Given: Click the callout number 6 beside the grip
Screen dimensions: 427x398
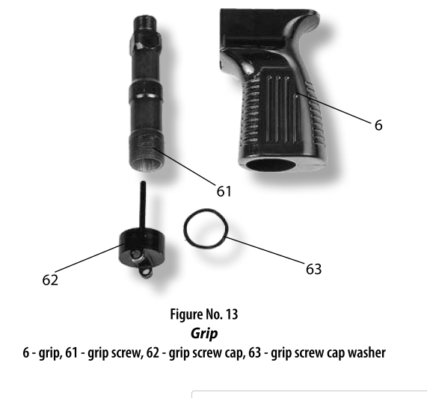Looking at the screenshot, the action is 378,125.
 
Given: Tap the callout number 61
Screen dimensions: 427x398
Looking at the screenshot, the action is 224,191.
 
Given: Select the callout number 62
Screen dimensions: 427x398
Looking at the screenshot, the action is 50,280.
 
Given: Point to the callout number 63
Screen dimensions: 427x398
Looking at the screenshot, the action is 314,269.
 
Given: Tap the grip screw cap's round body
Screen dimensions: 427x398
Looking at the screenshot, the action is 141,246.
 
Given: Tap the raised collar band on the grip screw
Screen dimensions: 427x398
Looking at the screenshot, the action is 147,92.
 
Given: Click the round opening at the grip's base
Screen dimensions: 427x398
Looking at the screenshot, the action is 271,165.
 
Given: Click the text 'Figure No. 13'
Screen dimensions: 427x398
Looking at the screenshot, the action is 204,314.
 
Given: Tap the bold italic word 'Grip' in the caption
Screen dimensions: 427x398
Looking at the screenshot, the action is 204,333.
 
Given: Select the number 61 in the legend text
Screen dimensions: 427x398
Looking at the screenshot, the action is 71,352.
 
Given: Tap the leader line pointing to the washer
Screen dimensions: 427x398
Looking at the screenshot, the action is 265,250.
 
